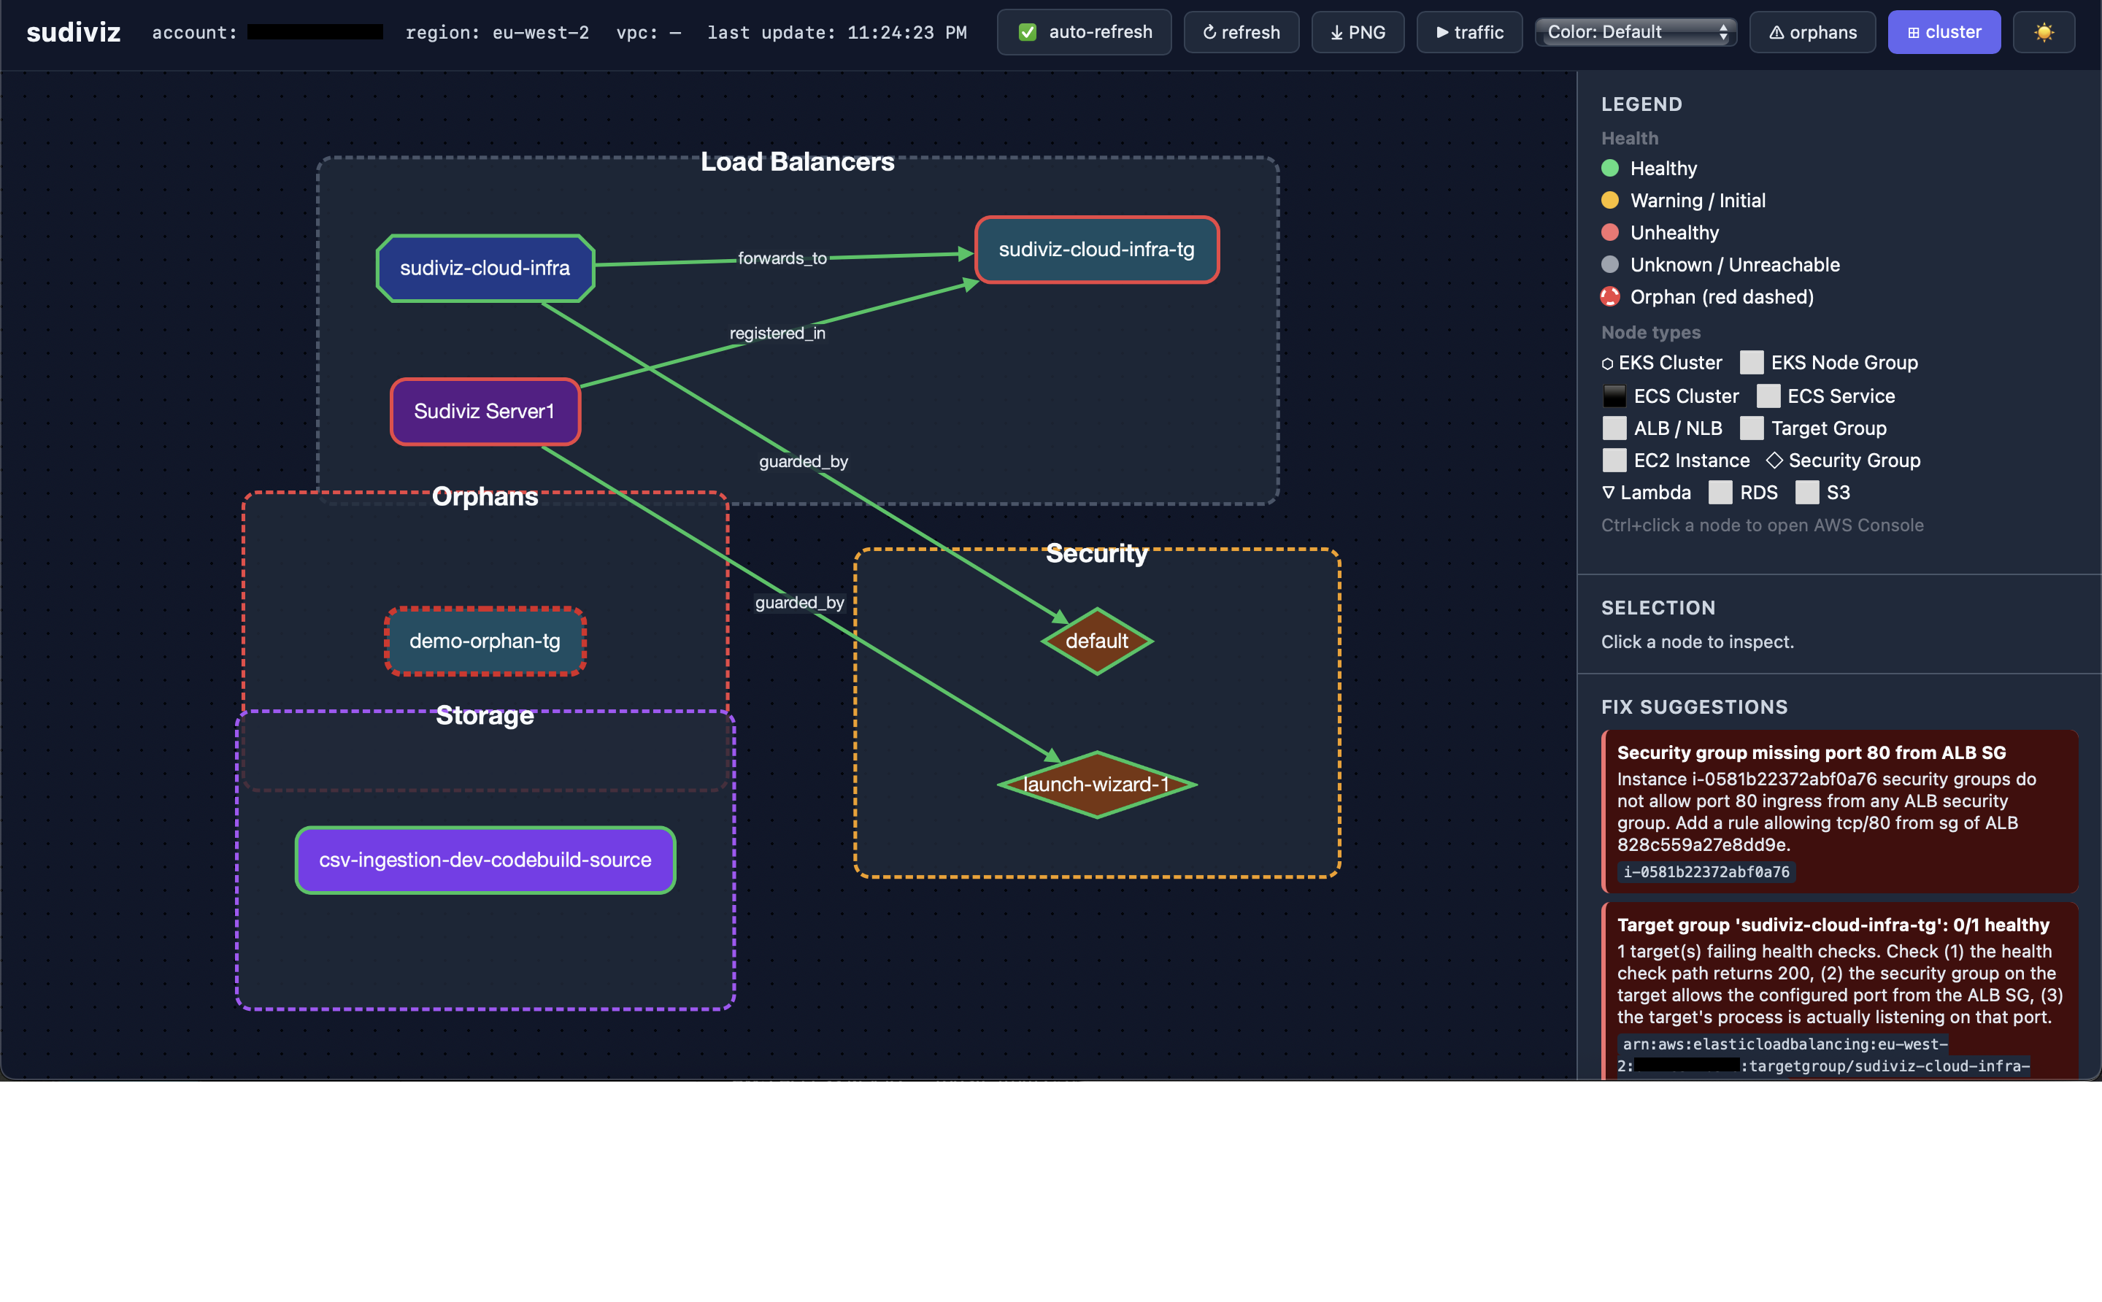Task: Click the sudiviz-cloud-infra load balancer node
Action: tap(485, 268)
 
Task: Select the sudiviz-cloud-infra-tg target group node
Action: tap(1096, 250)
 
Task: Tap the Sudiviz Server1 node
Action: tap(485, 412)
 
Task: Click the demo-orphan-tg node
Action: tap(485, 641)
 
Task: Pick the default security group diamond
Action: tap(1096, 641)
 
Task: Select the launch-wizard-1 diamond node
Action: tap(1096, 785)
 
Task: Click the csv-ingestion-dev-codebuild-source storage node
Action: tap(485, 860)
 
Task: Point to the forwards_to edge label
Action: tap(782, 258)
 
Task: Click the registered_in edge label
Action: tap(777, 334)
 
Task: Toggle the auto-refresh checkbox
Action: tap(1028, 33)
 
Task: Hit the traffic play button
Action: tap(1469, 33)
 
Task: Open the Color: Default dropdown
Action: tap(1636, 32)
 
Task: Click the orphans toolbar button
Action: tap(1812, 33)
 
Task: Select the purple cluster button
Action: tap(1944, 33)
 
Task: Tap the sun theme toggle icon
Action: tap(2044, 33)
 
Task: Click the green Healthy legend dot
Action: tap(1609, 168)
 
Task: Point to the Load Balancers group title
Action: tap(798, 162)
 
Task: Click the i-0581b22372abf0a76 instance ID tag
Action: tap(1706, 871)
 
